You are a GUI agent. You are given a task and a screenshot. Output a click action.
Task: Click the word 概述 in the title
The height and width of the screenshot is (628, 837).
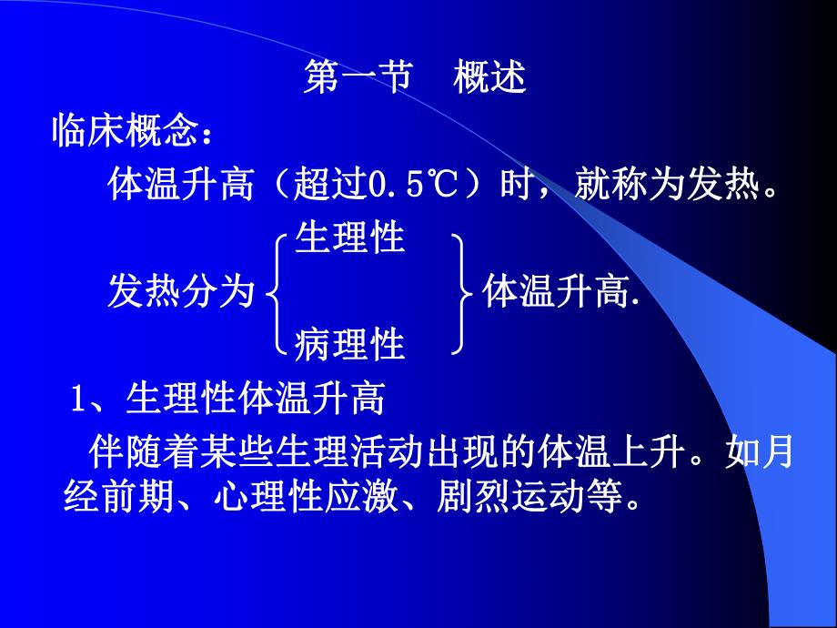489,79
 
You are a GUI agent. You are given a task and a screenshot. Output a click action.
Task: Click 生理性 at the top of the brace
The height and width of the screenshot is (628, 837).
349,238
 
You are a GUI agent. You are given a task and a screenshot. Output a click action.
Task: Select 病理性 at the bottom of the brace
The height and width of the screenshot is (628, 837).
349,344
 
